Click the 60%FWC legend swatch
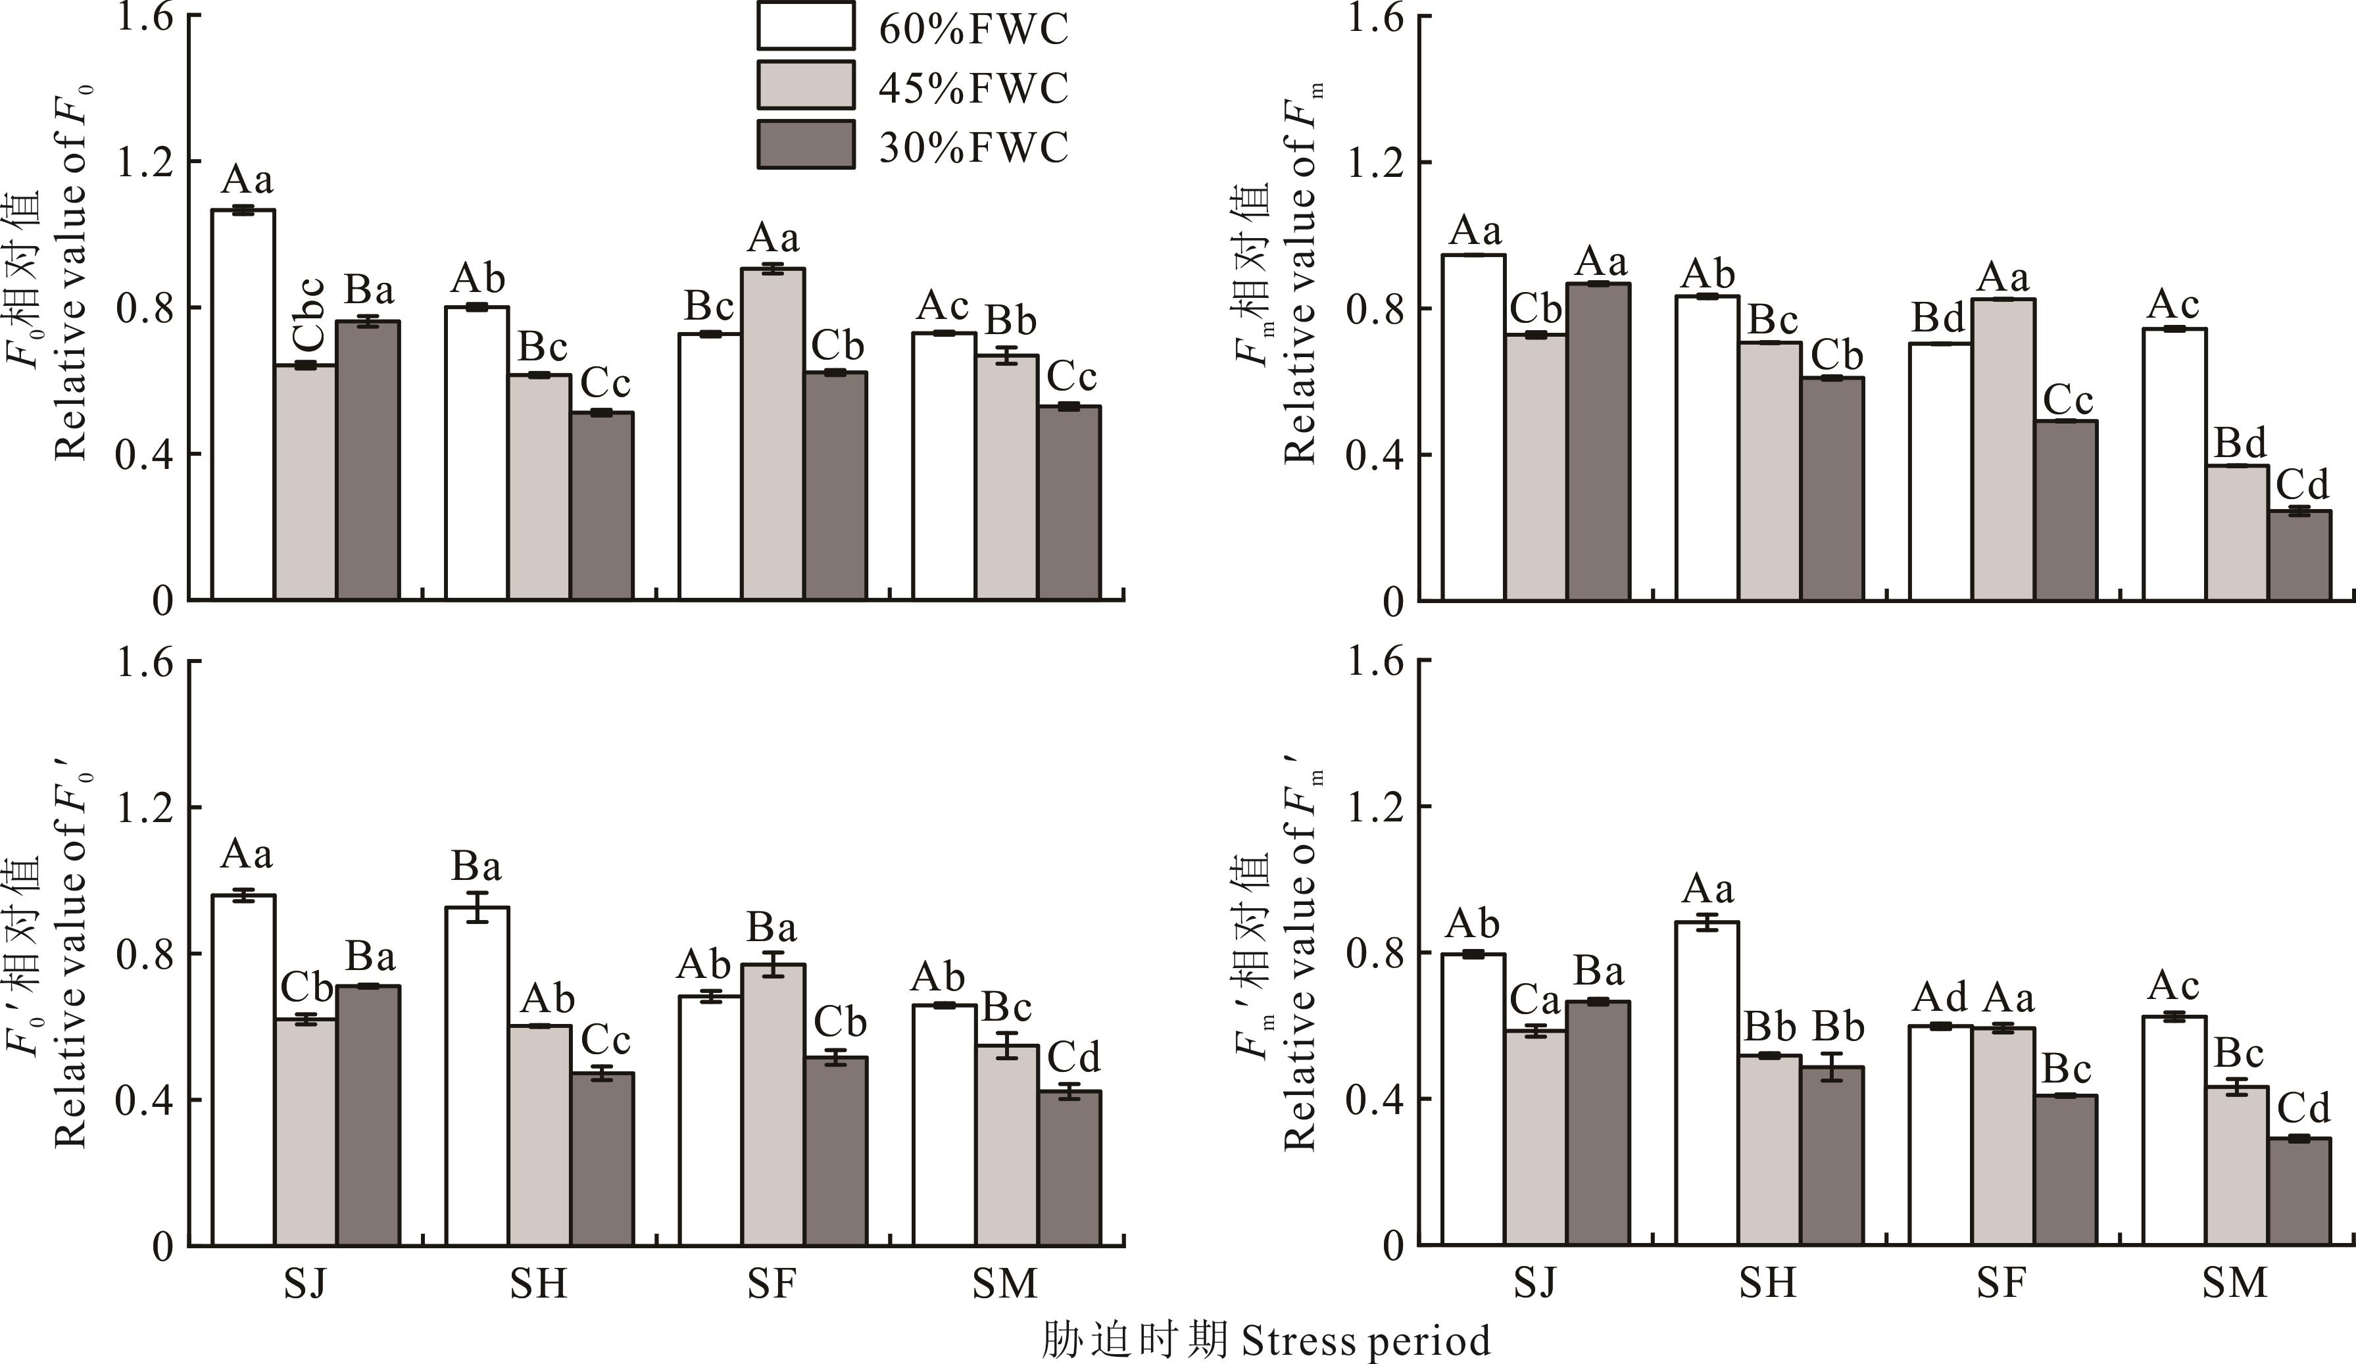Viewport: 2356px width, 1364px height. click(805, 26)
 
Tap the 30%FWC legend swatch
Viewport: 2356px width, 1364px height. click(805, 145)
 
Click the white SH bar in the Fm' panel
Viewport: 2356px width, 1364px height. click(1707, 1084)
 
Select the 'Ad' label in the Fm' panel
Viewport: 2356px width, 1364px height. click(1940, 998)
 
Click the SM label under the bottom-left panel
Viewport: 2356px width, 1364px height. click(1005, 1284)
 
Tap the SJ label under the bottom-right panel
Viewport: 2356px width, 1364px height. click(1535, 1284)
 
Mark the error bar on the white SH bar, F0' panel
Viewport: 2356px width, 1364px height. click(477, 907)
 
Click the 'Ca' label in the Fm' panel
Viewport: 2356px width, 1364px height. click(1535, 1000)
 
